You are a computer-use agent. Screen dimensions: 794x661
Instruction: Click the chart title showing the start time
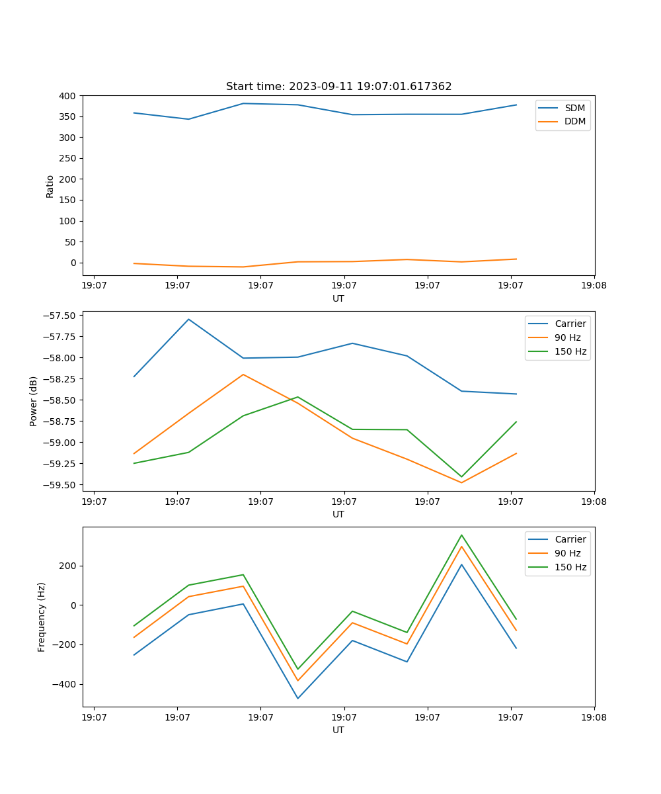point(338,87)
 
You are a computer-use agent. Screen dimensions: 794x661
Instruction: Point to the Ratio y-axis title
point(50,186)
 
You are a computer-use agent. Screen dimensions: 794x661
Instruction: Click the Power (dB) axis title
point(34,401)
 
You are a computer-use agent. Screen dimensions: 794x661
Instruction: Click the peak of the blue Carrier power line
point(188,319)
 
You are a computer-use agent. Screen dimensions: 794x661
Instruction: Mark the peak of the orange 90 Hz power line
point(243,375)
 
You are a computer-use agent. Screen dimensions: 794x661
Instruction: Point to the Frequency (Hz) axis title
point(42,617)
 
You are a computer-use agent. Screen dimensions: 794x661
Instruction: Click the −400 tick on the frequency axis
point(64,685)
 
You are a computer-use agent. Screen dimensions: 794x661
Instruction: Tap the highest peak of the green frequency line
point(461,535)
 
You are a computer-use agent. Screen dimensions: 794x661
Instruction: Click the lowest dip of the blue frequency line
point(297,698)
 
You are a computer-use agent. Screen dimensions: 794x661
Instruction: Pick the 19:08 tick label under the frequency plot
point(594,717)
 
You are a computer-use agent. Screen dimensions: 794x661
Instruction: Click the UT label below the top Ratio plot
point(338,298)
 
